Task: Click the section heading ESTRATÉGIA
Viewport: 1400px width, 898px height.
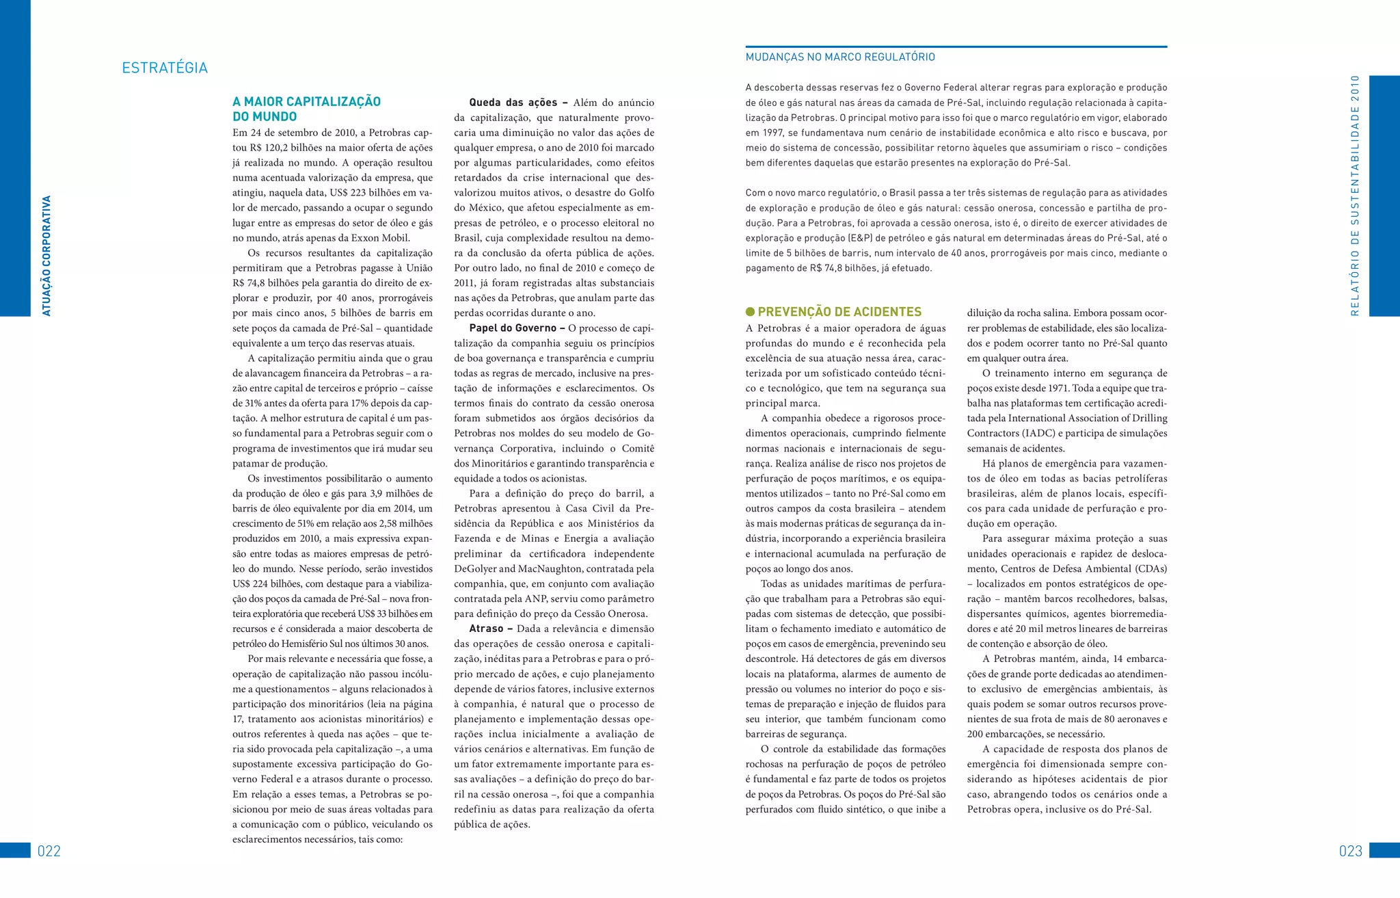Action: [x=165, y=68]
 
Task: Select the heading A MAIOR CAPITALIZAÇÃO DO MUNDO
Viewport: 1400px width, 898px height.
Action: [x=306, y=109]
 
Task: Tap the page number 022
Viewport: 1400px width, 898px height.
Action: [x=49, y=851]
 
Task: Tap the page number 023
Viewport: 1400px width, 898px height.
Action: [x=1351, y=851]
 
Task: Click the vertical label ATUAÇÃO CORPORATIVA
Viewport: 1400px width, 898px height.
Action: [x=46, y=256]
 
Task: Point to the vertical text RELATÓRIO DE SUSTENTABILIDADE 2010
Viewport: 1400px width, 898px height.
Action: [x=1355, y=195]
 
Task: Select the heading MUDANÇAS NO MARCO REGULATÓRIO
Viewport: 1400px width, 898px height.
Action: [x=840, y=57]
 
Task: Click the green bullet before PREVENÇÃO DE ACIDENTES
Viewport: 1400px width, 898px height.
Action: [x=750, y=312]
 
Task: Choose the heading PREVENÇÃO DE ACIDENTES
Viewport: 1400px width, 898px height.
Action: [x=839, y=312]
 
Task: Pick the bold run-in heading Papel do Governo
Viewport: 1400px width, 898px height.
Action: [x=517, y=328]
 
